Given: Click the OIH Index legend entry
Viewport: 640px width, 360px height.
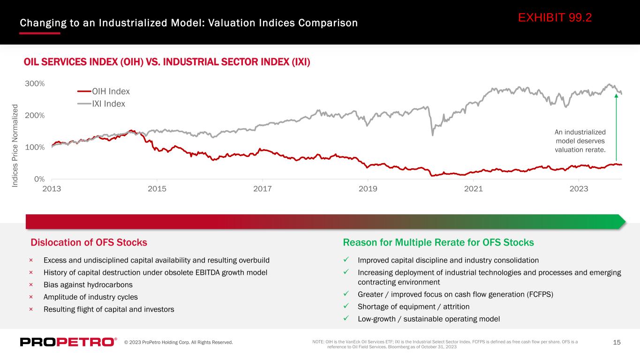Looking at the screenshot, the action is point(104,91).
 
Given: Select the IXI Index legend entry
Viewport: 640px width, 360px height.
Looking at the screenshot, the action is point(101,104).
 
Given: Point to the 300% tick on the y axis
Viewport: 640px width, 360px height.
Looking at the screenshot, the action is point(35,84).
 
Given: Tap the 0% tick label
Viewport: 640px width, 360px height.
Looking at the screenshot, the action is point(39,179).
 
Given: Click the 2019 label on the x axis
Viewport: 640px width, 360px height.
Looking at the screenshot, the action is point(368,189).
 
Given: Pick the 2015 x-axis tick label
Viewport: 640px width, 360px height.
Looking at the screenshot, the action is point(157,189).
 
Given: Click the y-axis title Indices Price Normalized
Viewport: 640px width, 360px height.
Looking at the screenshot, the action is point(15,146).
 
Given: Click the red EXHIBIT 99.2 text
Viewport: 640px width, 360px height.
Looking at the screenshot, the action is point(555,18).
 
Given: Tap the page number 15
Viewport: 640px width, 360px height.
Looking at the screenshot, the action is point(617,342).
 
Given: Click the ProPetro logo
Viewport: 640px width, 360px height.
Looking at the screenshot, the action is point(68,342).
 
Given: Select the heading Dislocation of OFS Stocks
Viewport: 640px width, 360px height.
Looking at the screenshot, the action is point(89,242).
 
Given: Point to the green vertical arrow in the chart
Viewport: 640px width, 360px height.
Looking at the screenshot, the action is point(616,127).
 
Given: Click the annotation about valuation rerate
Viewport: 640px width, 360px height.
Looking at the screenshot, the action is point(580,141).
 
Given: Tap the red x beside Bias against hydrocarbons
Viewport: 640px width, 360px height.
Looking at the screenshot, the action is point(31,285).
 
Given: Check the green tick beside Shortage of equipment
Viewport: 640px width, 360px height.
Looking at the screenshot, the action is point(346,306).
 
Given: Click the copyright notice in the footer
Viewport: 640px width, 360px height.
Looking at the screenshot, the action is point(178,342).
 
